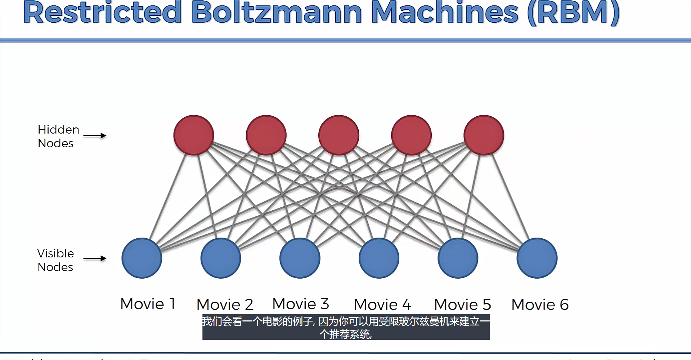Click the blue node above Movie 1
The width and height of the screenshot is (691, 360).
point(142,258)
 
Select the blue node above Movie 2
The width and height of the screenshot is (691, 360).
point(221,258)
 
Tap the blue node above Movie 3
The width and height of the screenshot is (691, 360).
point(300,258)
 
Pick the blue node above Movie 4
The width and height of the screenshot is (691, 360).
point(379,258)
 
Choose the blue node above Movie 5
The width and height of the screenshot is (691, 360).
point(458,258)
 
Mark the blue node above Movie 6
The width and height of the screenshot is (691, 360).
point(537,258)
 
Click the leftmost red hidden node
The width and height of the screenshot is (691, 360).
point(194,135)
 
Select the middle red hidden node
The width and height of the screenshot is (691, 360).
point(339,135)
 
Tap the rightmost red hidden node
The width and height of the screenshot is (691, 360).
point(484,135)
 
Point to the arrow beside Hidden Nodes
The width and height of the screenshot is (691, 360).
point(95,136)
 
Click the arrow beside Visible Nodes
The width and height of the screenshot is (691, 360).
point(95,258)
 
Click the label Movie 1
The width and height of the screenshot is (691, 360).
point(148,304)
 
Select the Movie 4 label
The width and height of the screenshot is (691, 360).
point(382,305)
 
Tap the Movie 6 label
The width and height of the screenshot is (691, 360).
point(540,305)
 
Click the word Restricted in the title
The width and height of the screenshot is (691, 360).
point(102,13)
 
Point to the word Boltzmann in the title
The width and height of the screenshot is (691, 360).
point(277,13)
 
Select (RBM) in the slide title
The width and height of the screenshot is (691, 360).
point(573,13)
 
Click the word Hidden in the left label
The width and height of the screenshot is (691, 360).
point(58,130)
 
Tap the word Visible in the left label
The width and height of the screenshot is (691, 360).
point(55,253)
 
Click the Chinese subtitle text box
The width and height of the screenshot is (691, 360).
point(346,327)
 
